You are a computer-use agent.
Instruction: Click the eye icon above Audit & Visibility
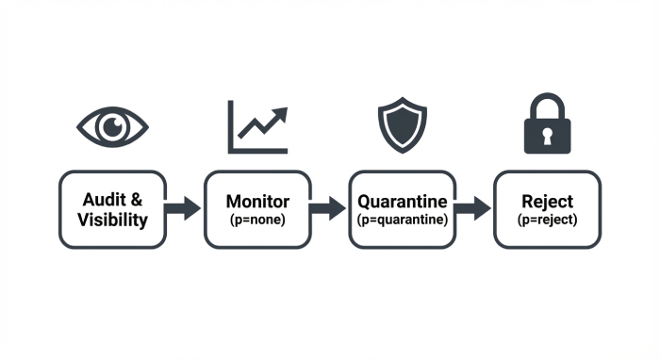(x=113, y=126)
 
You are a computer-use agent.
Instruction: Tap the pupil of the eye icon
(x=113, y=126)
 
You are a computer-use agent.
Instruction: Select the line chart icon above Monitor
(x=256, y=126)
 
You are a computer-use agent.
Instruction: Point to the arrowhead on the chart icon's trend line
(x=279, y=115)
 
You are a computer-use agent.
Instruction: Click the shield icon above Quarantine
(x=403, y=125)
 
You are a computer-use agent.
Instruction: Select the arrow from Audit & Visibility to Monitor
(x=184, y=208)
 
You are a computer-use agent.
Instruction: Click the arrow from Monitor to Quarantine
(x=329, y=208)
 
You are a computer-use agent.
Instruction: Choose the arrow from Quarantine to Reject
(x=473, y=208)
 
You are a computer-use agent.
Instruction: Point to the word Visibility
(x=113, y=221)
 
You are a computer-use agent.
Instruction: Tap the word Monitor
(x=257, y=202)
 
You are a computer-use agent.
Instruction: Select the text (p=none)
(x=257, y=219)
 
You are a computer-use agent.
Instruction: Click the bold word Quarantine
(x=403, y=202)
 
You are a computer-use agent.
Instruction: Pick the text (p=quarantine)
(x=403, y=219)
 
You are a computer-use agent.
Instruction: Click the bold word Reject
(x=548, y=202)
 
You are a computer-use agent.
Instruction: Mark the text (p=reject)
(x=548, y=219)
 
